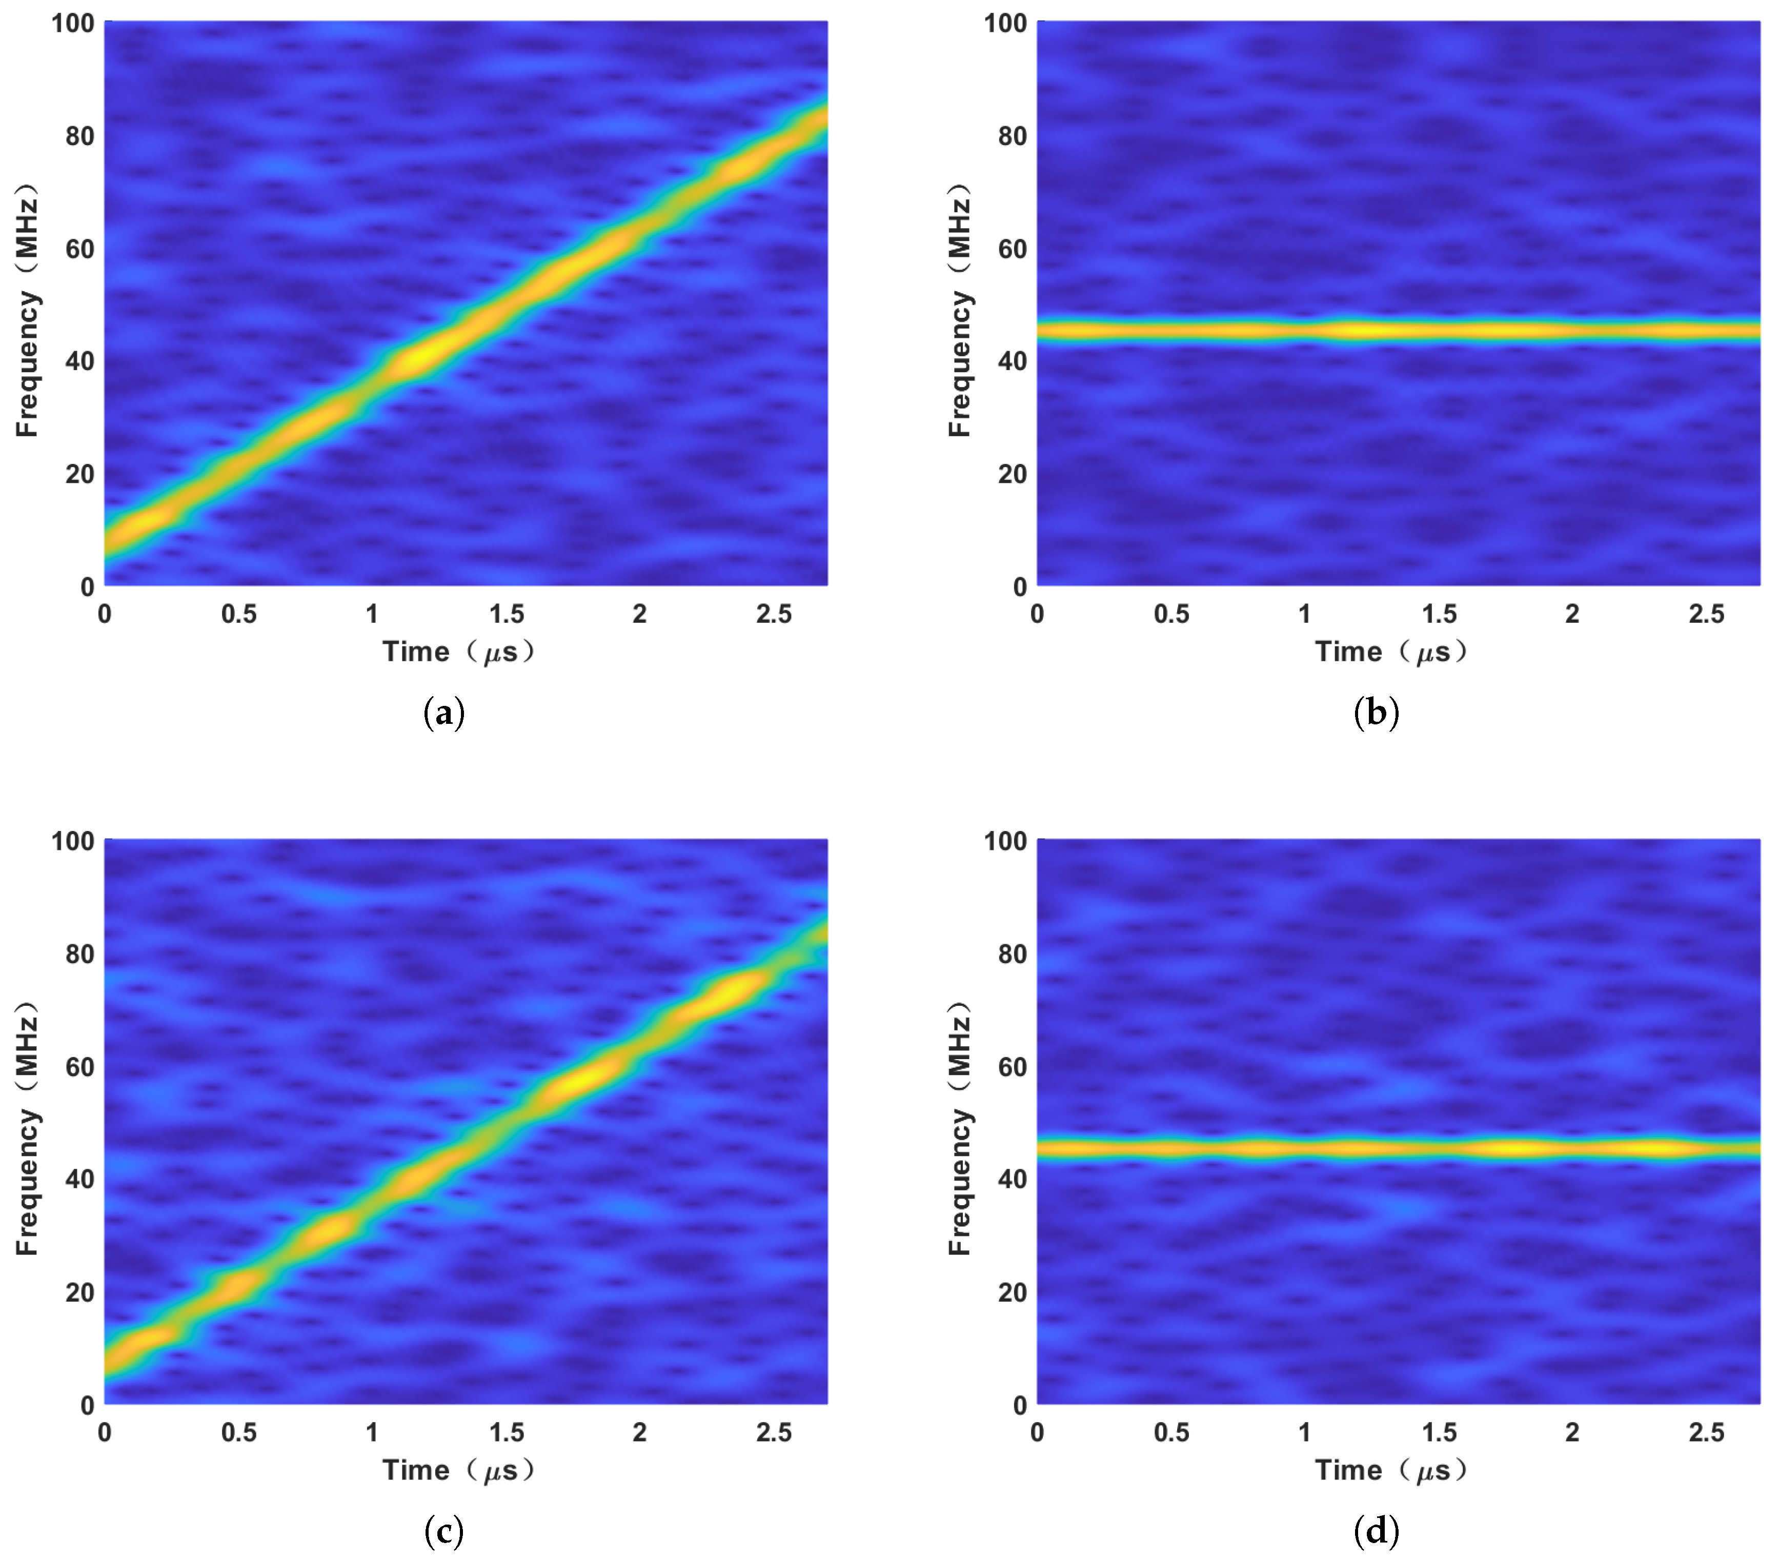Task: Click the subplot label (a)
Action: [x=443, y=713]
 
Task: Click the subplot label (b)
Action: [x=1376, y=713]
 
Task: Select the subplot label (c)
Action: [x=443, y=1532]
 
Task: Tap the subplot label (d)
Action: [x=1376, y=1532]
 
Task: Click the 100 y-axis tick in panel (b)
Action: [x=1005, y=24]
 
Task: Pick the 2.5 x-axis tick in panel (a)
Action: [x=773, y=614]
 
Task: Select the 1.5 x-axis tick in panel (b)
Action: [x=1439, y=614]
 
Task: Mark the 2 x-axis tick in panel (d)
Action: [x=1572, y=1432]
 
